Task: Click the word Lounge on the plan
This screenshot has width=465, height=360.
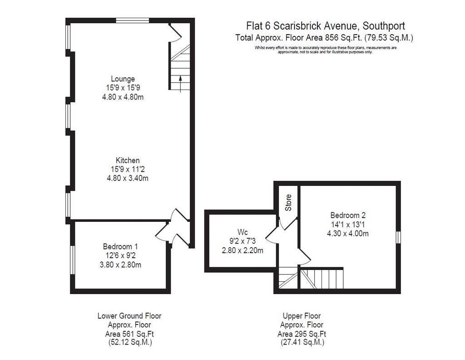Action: click(x=123, y=79)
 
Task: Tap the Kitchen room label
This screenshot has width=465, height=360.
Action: click(x=128, y=160)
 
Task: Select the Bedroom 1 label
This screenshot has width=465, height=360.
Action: click(x=120, y=246)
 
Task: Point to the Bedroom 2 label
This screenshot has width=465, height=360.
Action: click(x=348, y=215)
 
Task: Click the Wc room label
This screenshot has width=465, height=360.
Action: click(x=242, y=232)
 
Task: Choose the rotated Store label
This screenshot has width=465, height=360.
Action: click(x=288, y=203)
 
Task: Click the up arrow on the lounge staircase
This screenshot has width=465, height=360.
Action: click(x=180, y=84)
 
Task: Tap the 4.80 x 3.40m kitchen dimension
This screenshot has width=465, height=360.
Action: click(x=128, y=178)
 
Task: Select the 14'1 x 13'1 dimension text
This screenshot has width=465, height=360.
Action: click(x=348, y=225)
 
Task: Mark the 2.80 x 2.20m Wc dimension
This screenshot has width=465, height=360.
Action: click(x=242, y=250)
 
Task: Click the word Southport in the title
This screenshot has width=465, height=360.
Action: click(x=384, y=26)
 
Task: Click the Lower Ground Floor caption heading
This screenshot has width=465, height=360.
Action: click(x=129, y=316)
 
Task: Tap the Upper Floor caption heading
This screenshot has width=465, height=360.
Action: click(x=302, y=316)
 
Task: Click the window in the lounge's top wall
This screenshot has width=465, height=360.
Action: click(x=132, y=20)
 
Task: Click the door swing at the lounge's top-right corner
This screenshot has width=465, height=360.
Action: click(x=175, y=33)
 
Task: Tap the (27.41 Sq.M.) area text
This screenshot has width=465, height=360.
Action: click(x=302, y=342)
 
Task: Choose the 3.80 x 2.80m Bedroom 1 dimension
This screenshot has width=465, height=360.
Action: click(x=120, y=265)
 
